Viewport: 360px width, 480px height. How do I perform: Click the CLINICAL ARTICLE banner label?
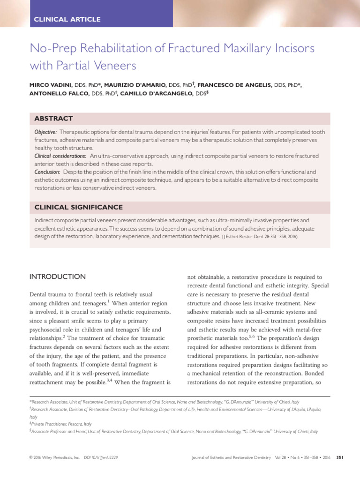[67, 19]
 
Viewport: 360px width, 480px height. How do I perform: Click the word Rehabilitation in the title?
[110, 48]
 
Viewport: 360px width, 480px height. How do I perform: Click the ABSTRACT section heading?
[53, 119]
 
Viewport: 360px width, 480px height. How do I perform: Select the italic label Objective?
[46, 132]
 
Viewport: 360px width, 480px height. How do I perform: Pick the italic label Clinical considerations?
[60, 156]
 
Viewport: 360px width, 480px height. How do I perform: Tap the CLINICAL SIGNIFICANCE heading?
[79, 207]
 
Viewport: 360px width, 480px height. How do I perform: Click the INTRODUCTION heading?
[58, 277]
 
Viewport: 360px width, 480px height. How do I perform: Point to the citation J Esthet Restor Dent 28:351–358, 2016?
[259, 237]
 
